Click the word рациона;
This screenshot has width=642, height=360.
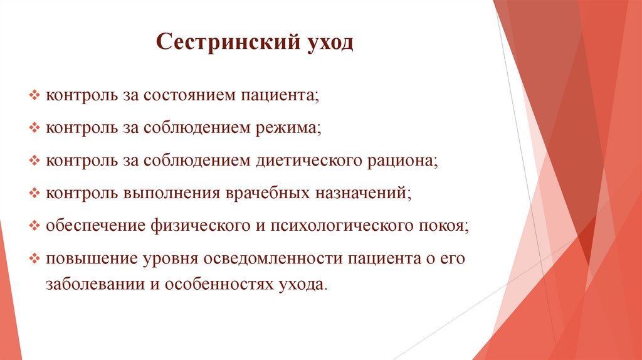click(x=401, y=161)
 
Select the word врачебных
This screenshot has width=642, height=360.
click(x=263, y=193)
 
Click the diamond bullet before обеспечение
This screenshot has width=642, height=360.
click(x=34, y=225)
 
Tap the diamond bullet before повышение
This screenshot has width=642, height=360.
click(x=34, y=258)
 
